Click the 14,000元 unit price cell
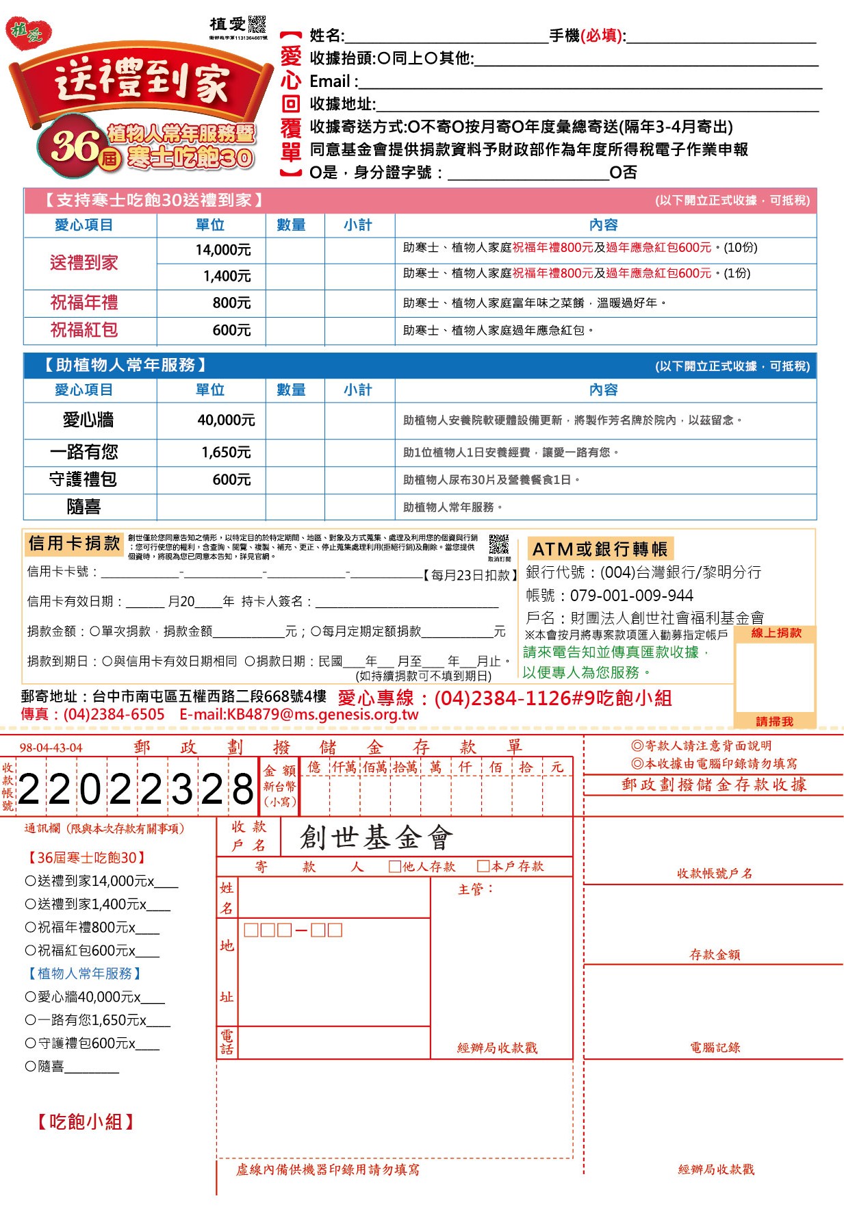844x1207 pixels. tap(222, 250)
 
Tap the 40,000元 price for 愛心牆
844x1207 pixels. tap(226, 420)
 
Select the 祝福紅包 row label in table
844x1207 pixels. tap(84, 330)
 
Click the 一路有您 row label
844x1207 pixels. tap(84, 452)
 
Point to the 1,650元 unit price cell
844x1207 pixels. tap(226, 452)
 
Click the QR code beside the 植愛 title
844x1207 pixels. tap(257, 24)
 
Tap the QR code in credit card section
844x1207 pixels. tap(499, 544)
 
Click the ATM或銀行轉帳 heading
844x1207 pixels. tap(600, 549)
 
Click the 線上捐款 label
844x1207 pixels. tap(776, 633)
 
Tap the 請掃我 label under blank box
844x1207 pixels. tap(774, 721)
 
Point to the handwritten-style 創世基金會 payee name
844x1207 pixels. tap(376, 837)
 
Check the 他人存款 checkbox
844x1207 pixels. tap(394, 866)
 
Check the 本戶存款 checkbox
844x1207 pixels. tap(483, 866)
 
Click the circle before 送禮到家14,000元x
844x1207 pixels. tap(30, 881)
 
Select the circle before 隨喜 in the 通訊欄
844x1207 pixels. tap(30, 1066)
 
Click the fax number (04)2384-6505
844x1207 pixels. tap(114, 715)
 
